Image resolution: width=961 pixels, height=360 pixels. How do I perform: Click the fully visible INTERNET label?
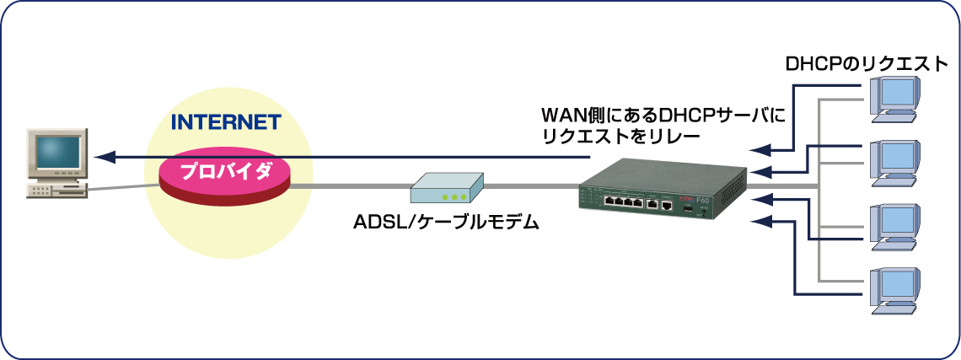tap(225, 122)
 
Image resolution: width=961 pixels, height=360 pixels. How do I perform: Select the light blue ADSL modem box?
tap(447, 188)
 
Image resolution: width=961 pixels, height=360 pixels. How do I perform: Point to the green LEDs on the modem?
tap(454, 198)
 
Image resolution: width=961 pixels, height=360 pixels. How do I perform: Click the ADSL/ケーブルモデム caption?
tap(447, 224)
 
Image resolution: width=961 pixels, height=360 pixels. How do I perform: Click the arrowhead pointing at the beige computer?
tap(101, 157)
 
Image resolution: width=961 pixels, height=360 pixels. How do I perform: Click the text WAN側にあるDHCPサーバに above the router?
tap(663, 114)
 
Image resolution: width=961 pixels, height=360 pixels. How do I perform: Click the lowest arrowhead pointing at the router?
tap(758, 222)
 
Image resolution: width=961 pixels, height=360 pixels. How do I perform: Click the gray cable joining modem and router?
tap(531, 186)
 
